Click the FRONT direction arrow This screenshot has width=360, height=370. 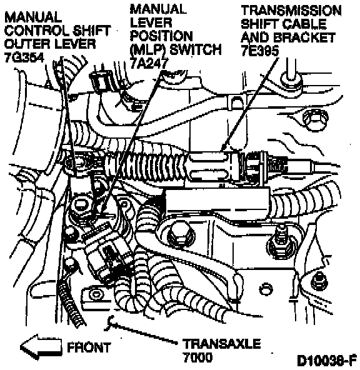41,347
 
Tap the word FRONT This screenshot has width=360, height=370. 89,347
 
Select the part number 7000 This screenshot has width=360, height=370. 197,357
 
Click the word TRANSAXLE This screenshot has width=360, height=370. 222,344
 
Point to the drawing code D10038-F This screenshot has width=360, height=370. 327,361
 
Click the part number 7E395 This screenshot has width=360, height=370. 260,51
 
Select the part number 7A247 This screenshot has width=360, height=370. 149,63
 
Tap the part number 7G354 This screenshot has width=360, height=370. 24,57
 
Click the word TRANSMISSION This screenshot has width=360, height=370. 291,11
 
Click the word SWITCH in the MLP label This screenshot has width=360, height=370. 196,49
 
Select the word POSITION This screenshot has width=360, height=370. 161,36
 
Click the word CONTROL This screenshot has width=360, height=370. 37,31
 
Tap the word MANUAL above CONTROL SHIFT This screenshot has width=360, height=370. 33,17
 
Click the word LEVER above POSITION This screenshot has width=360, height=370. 151,22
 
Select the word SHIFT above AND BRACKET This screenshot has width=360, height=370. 259,24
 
